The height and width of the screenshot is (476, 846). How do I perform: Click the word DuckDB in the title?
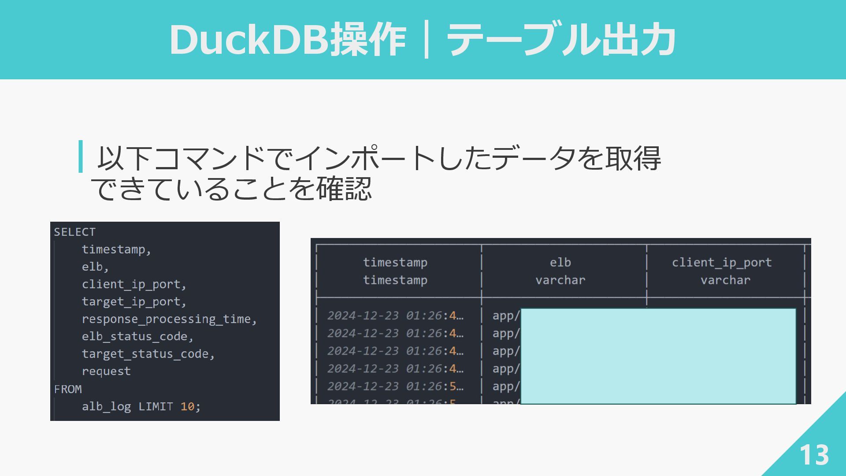point(249,40)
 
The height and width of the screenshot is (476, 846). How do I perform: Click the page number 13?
point(814,455)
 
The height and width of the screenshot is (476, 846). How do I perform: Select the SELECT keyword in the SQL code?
point(74,232)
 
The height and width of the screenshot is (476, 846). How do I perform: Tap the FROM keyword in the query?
point(68,389)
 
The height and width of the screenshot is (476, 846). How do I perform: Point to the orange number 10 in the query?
point(187,406)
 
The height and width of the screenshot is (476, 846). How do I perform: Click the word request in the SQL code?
point(106,372)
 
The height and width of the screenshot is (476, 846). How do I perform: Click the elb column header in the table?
point(560,263)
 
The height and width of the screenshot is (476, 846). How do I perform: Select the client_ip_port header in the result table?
point(722,263)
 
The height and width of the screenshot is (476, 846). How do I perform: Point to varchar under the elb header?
point(560,280)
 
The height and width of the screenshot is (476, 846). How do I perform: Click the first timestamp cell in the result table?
point(395,316)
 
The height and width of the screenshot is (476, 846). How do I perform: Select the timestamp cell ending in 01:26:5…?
point(395,386)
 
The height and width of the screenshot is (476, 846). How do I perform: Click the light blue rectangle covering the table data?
point(658,356)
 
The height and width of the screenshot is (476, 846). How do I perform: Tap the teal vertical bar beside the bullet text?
point(81,156)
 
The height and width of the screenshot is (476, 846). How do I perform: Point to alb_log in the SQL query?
point(106,406)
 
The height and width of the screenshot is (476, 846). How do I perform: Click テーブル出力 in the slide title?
point(561,40)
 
